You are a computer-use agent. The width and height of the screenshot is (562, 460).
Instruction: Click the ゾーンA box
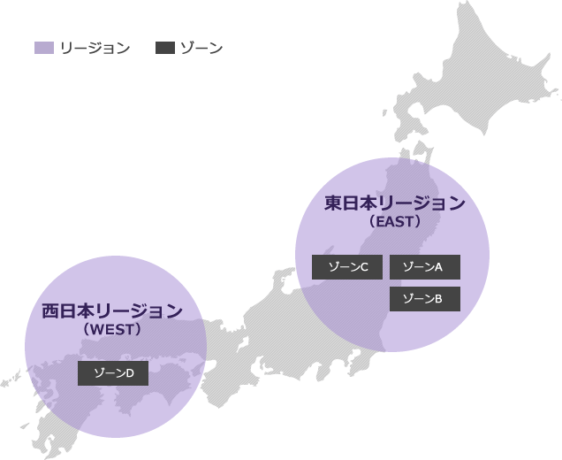424,266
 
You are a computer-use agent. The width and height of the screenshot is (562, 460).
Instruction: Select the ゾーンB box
424,298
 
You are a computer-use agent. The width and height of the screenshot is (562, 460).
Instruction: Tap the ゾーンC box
347,266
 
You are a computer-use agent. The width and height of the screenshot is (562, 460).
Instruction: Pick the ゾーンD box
113,373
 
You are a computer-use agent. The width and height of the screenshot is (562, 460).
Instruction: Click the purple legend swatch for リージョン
44,48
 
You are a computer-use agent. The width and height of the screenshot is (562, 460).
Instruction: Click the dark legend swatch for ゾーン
164,48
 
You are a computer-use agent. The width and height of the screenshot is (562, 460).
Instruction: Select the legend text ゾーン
201,48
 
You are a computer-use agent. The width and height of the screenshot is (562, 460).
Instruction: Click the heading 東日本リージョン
394,203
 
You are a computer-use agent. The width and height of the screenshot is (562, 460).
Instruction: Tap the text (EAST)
394,222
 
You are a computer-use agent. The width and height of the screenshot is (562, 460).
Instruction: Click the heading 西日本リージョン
112,311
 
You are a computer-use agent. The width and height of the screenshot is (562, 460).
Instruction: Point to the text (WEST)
112,329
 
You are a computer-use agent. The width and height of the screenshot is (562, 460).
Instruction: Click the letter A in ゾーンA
438,266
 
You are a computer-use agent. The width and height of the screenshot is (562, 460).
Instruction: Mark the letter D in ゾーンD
129,374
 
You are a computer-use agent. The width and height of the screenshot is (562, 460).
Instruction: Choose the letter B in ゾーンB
438,299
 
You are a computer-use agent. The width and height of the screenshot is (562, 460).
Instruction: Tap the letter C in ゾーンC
362,266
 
